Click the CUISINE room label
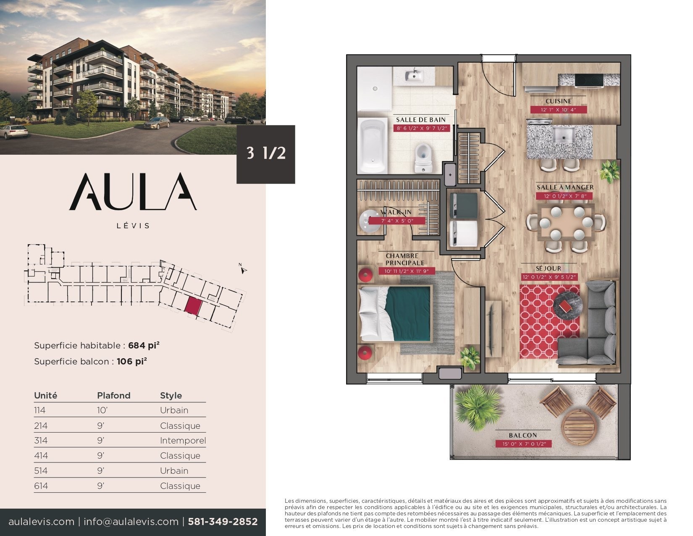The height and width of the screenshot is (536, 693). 558,101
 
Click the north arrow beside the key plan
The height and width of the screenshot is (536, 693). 243,269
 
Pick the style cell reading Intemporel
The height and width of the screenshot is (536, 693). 183,441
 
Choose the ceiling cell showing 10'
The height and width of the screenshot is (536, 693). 102,410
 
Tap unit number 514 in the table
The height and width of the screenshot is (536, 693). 41,471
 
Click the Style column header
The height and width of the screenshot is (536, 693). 171,396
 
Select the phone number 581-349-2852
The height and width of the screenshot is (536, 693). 223,522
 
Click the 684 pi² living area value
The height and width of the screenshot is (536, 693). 144,346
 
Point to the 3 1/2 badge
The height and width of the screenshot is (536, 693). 265,154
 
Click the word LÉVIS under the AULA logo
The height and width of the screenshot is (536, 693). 133,226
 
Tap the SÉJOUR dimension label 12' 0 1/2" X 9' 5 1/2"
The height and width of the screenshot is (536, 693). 549,277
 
